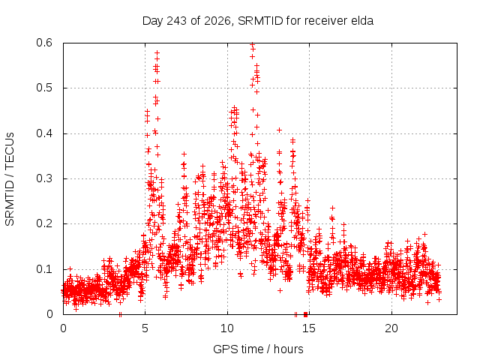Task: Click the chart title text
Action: click(258, 21)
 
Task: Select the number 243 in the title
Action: click(176, 21)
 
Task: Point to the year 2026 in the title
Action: click(217, 21)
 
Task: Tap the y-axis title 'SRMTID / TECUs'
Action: click(10, 179)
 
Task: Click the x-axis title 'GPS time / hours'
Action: click(258, 349)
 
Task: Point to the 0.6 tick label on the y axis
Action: click(44, 43)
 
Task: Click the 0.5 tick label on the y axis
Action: click(44, 88)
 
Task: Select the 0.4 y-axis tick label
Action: click(44, 133)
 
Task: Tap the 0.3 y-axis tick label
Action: click(44, 178)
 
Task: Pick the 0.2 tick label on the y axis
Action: click(44, 223)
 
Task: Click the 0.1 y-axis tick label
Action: click(44, 269)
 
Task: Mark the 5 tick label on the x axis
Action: click(145, 328)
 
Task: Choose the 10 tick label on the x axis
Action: click(227, 328)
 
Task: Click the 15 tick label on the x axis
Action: click(309, 328)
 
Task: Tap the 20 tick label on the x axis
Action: click(391, 328)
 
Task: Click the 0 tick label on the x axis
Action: click(63, 328)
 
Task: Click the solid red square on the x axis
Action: click(305, 314)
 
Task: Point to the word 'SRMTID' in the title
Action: click(260, 21)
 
